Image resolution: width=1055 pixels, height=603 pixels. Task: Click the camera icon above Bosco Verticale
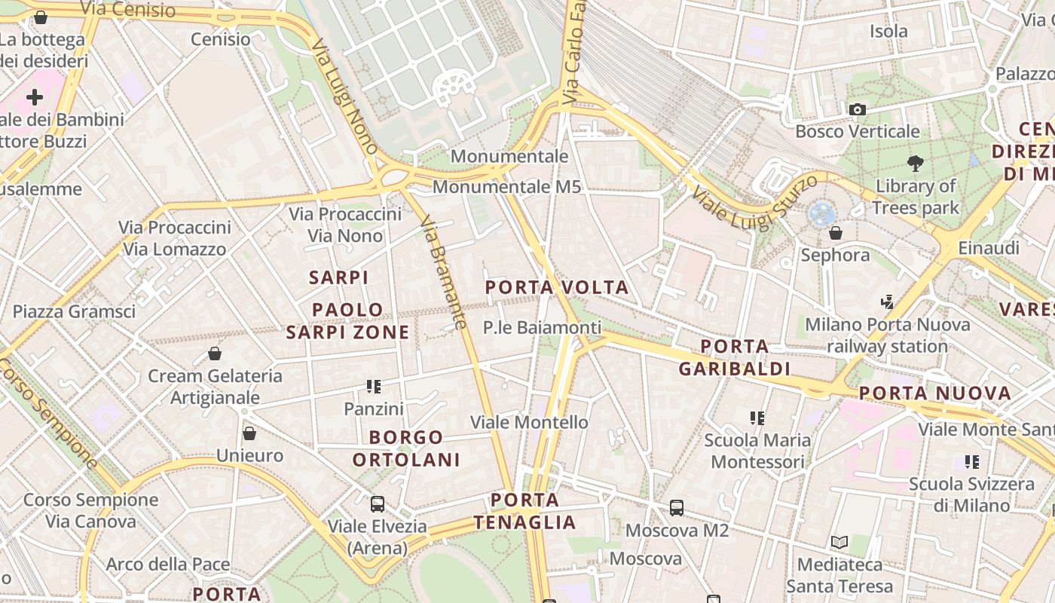[x=857, y=110]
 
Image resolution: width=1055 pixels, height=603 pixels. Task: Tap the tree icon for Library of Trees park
[x=916, y=163]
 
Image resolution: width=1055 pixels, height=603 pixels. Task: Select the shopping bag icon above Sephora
[x=835, y=232]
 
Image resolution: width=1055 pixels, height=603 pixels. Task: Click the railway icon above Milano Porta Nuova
[x=887, y=302]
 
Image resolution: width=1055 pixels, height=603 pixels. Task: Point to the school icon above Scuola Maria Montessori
[x=757, y=418]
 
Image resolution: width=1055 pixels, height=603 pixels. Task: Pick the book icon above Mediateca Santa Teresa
[x=839, y=542]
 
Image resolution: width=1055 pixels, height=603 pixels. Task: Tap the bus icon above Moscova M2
[x=677, y=508]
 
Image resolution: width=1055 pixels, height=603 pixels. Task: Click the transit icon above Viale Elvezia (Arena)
[x=377, y=504]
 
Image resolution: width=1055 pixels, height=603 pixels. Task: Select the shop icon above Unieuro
[x=249, y=433]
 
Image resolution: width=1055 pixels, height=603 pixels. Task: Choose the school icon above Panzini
[x=374, y=387]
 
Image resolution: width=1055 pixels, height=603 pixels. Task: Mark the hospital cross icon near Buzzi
[x=35, y=97]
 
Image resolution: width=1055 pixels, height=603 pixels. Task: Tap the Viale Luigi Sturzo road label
[x=754, y=202]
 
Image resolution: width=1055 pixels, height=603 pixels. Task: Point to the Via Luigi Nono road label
[x=344, y=96]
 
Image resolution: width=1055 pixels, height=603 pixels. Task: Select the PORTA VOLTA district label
[x=556, y=287]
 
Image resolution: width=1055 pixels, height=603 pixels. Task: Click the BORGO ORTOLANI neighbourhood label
[x=406, y=448]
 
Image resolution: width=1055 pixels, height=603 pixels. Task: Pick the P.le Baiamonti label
[x=542, y=327]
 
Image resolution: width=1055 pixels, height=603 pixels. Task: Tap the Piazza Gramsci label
[x=74, y=311]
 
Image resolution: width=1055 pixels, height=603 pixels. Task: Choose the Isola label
[x=888, y=31]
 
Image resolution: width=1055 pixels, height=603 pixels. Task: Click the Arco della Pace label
[x=167, y=564]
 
